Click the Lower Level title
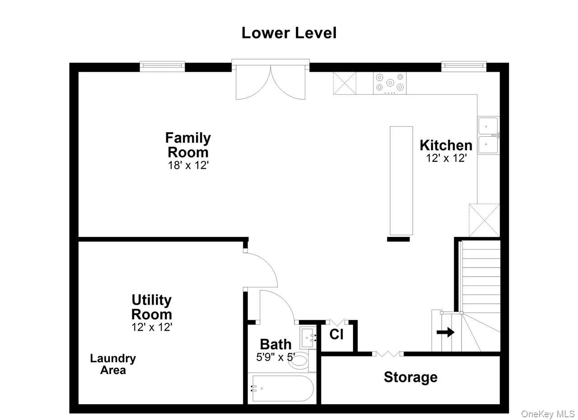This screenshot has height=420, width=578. tap(289, 33)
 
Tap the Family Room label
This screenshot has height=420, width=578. tap(188, 145)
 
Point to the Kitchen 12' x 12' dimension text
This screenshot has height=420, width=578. tap(447, 158)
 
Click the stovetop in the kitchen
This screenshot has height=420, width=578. tap(390, 83)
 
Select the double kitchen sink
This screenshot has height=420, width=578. tap(489, 135)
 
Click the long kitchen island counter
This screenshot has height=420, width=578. tap(401, 180)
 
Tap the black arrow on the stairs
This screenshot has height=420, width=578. tap(445, 332)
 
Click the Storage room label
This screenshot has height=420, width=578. tap(410, 377)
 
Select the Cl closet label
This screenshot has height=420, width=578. tap(336, 334)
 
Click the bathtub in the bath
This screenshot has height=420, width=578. tap(283, 388)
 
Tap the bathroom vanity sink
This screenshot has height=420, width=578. tap(308, 337)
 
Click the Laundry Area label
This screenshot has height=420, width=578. tap(113, 364)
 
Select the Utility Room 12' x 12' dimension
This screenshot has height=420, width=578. tap(152, 327)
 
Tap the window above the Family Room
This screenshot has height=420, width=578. tap(162, 66)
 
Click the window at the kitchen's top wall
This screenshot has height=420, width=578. tap(464, 66)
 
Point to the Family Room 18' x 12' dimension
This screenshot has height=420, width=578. tap(188, 165)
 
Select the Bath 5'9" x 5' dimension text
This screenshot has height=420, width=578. tap(275, 357)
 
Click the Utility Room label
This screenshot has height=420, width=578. tap(152, 307)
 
